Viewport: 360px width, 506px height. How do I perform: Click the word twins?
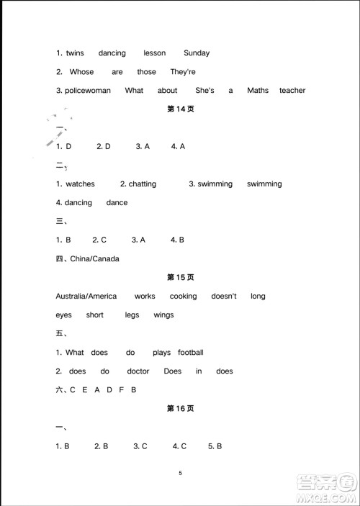click(75, 53)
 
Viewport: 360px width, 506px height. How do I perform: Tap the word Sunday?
click(197, 53)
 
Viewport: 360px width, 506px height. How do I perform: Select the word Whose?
click(81, 72)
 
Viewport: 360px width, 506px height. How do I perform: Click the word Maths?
click(258, 91)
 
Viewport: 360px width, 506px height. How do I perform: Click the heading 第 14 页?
click(181, 109)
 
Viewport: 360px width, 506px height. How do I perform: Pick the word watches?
click(80, 184)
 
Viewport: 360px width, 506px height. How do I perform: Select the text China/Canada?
click(94, 259)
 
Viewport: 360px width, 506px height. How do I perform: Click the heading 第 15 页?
click(181, 278)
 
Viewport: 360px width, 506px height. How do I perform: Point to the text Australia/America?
click(86, 297)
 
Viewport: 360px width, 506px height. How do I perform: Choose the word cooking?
click(183, 297)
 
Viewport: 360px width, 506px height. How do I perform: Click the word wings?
click(163, 315)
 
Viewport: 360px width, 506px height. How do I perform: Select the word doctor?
click(138, 371)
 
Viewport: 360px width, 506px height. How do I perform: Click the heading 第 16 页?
click(181, 409)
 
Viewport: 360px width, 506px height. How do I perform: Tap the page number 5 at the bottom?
click(181, 473)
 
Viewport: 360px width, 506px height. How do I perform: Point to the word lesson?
click(154, 53)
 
